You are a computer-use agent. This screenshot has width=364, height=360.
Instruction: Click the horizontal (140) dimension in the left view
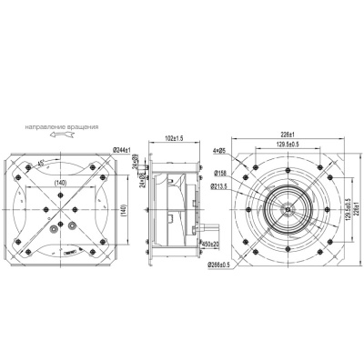pyautogui.click(x=62, y=183)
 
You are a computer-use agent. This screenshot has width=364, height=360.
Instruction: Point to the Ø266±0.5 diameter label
pyautogui.click(x=222, y=265)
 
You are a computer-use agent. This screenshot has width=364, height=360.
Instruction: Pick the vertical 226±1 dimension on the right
pyautogui.click(x=357, y=210)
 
